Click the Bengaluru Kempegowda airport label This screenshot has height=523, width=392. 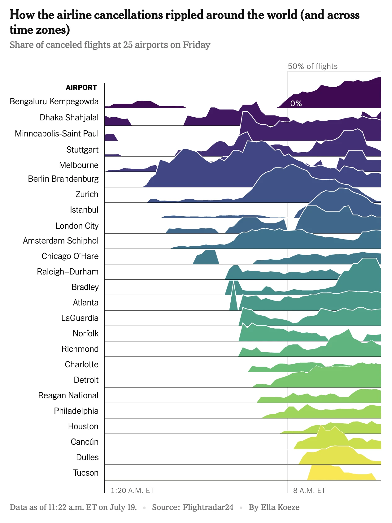pyautogui.click(x=54, y=102)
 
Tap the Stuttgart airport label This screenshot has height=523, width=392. pyautogui.click(x=82, y=150)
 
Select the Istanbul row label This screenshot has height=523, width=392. pyautogui.click(x=84, y=210)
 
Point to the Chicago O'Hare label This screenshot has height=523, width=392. pyautogui.click(x=70, y=256)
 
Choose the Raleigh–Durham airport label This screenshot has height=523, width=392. pyautogui.click(x=68, y=272)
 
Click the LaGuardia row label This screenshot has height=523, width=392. pyautogui.click(x=80, y=318)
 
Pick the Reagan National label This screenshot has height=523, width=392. pyautogui.click(x=68, y=395)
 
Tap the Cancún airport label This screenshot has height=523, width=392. pyautogui.click(x=84, y=442)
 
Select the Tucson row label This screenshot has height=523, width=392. pyautogui.click(x=85, y=473)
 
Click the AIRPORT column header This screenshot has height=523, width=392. pyautogui.click(x=81, y=88)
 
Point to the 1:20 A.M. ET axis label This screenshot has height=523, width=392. pyautogui.click(x=132, y=491)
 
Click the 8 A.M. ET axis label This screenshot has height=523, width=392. pyautogui.click(x=309, y=491)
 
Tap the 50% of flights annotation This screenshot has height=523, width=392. pyautogui.click(x=312, y=67)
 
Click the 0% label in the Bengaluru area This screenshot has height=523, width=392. pyautogui.click(x=296, y=104)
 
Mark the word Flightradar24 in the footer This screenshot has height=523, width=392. pyautogui.click(x=208, y=508)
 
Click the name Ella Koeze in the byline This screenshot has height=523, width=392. pyautogui.click(x=280, y=508)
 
